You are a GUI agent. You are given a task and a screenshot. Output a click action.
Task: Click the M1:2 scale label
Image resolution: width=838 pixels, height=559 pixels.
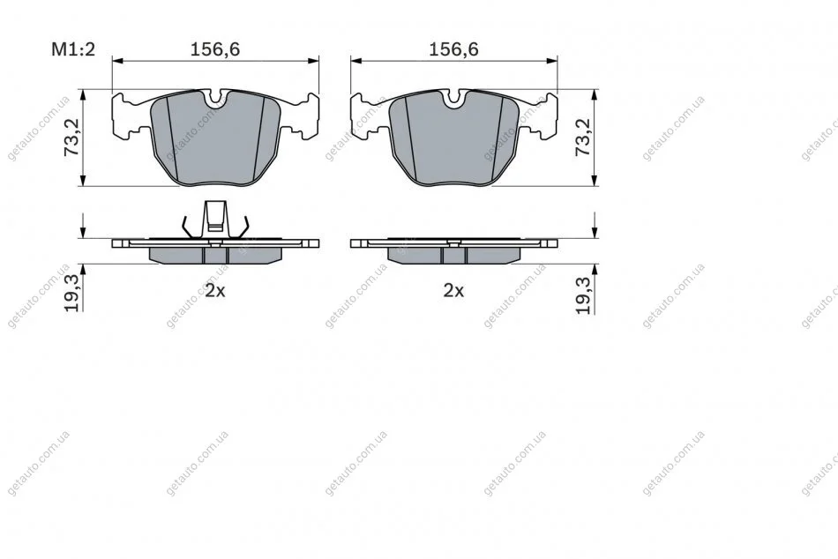point(73,49)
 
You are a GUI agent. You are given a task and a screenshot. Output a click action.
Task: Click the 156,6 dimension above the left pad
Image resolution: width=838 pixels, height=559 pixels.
point(215,49)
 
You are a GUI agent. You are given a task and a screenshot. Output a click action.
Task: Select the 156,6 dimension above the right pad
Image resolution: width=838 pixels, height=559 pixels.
point(453,49)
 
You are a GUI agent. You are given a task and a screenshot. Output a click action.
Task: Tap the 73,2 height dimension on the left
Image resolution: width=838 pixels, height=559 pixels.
point(71,138)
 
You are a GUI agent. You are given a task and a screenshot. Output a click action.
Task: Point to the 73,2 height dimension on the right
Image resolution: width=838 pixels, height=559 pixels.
point(583,138)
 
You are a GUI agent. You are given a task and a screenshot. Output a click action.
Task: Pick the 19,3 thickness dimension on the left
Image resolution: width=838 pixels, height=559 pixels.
point(71,293)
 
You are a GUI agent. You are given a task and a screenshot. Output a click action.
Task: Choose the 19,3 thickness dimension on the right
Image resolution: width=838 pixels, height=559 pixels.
point(584,295)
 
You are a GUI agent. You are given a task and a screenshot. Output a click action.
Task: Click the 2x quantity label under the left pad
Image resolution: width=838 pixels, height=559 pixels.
point(215,291)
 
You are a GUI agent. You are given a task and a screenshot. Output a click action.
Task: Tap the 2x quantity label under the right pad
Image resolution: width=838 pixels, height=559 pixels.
point(453,291)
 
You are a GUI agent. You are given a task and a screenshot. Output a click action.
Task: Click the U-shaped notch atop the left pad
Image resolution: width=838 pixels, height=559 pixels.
point(216,99)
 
